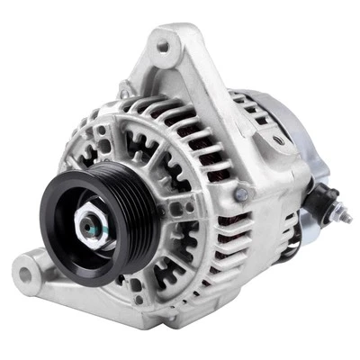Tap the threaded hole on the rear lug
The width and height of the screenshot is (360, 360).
(x=278, y=139)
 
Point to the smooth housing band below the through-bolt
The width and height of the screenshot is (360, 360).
(x=247, y=225)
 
